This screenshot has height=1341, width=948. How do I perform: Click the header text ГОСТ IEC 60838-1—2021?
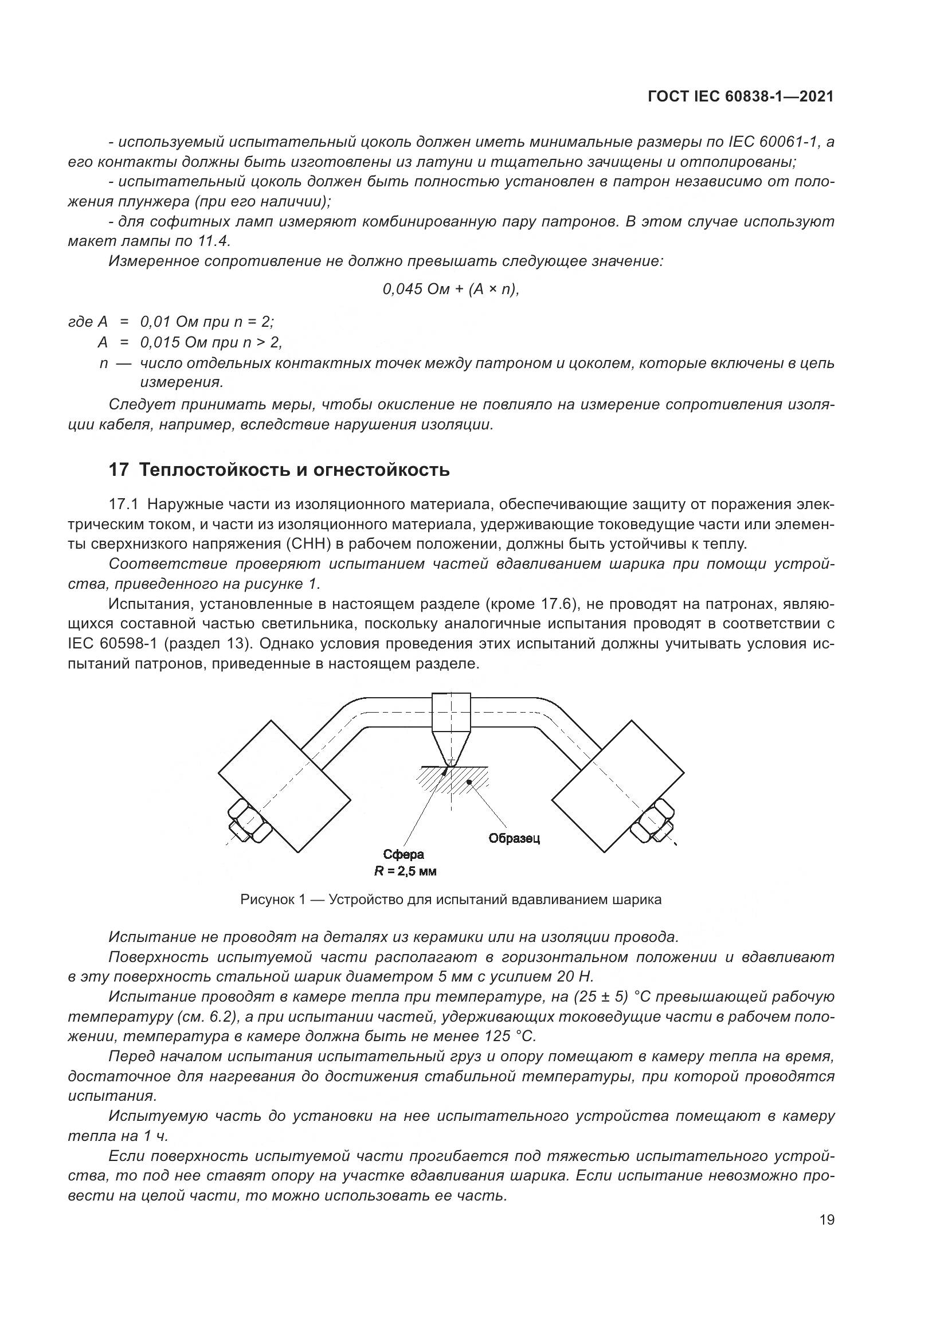coord(741,97)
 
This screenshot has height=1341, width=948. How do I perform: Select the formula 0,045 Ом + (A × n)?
coord(451,289)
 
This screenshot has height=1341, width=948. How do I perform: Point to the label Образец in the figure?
coord(514,838)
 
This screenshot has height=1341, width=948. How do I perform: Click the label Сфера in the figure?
coord(404,855)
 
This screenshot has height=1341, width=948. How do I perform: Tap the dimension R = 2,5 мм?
coord(405,871)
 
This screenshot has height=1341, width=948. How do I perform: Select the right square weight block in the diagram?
coord(618,786)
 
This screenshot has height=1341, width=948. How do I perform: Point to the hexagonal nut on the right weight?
coord(656,820)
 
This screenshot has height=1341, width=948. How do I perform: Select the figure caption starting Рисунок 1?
coord(451,900)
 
